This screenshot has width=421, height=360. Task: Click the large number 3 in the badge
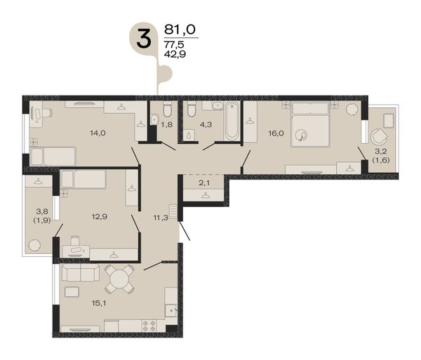click(144, 39)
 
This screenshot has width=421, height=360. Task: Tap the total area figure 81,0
click(180, 29)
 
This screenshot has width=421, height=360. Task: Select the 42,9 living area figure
click(175, 54)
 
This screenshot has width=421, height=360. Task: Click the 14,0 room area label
click(98, 133)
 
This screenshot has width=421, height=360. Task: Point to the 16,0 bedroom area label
click(276, 133)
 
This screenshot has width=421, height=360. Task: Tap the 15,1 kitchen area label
click(99, 303)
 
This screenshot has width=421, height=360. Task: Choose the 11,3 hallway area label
click(161, 218)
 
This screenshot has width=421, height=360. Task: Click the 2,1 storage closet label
click(204, 183)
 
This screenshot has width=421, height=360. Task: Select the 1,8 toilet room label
click(167, 125)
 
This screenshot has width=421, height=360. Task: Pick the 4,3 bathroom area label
click(206, 125)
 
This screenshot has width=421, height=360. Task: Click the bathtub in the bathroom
click(232, 121)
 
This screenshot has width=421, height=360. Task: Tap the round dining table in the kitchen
click(119, 279)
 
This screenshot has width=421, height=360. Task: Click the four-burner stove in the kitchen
click(149, 326)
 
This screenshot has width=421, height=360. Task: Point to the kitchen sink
click(171, 311)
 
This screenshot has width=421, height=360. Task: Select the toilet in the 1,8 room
click(167, 109)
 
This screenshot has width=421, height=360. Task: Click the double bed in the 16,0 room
click(310, 125)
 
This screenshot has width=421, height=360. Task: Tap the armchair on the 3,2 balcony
click(379, 136)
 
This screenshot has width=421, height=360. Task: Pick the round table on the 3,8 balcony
click(34, 245)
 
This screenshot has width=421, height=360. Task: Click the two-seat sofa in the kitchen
click(80, 272)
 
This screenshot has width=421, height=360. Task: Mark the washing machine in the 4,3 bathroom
click(190, 135)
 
